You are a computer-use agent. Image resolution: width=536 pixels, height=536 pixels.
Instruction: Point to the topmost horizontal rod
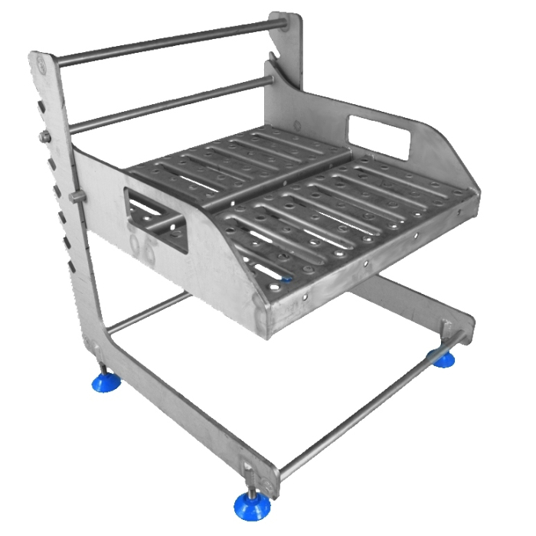coord(168,42)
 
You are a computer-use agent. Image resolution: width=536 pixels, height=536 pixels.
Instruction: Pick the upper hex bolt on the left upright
coord(44,137)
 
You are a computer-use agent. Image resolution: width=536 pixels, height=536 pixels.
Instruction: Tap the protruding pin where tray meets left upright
coord(76,198)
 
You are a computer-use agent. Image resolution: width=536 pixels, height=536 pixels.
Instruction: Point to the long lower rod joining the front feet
coord(360,413)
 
